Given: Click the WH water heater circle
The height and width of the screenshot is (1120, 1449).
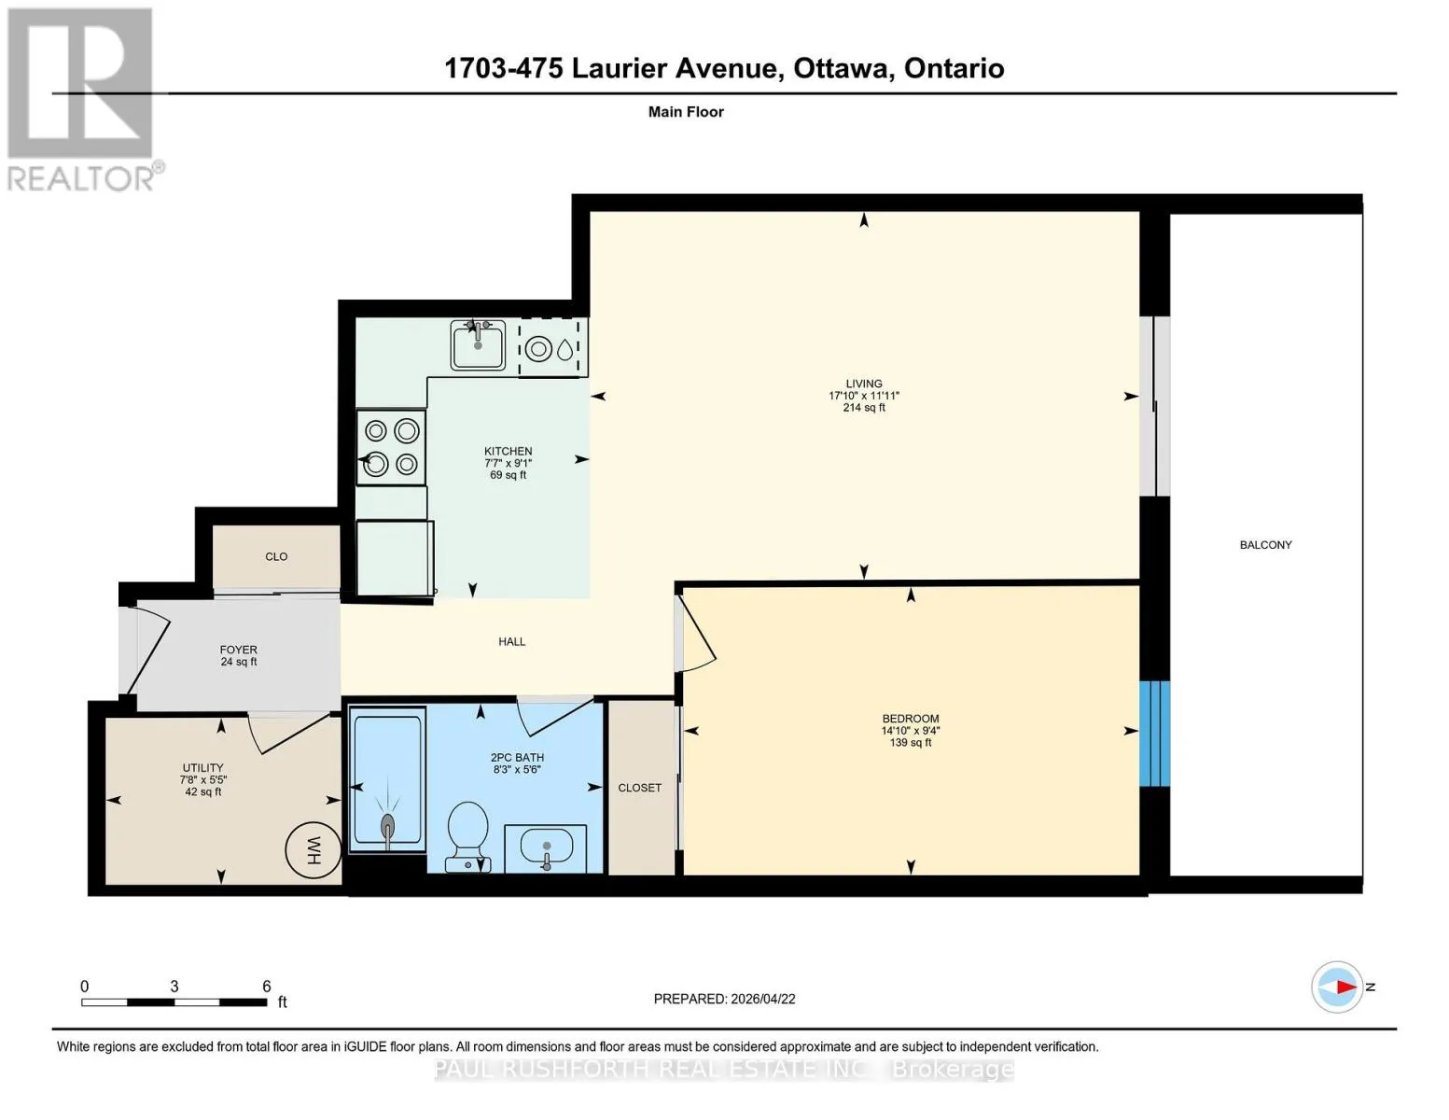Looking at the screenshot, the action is click(x=313, y=850).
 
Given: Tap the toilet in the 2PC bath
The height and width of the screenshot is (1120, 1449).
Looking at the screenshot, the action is click(x=468, y=836).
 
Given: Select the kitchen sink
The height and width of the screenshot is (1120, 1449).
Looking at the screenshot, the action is click(x=478, y=345).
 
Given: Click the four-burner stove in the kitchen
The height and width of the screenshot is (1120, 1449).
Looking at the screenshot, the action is click(x=391, y=447).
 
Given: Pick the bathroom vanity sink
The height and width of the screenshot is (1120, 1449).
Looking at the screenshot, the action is click(x=546, y=847).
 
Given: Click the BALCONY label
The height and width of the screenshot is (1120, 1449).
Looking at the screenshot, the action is click(x=1265, y=545).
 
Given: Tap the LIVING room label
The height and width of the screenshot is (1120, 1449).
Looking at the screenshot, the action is click(x=864, y=384).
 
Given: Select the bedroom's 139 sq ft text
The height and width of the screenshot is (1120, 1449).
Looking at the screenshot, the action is click(x=911, y=742).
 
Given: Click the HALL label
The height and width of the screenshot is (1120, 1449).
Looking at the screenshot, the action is click(x=512, y=642).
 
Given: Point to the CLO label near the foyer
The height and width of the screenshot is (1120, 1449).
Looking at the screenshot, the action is click(x=276, y=557).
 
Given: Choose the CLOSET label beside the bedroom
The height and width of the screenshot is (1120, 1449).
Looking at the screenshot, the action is click(x=639, y=788).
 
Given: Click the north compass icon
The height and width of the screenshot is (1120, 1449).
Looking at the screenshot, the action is click(x=1336, y=987).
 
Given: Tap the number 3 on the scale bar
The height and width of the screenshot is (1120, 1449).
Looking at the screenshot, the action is click(x=174, y=987).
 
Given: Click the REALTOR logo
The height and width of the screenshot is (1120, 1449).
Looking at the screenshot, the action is click(x=83, y=100).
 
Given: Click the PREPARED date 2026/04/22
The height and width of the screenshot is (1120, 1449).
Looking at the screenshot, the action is click(x=763, y=1000).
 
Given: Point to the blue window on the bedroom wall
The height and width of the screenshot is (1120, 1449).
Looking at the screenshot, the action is click(x=1154, y=734).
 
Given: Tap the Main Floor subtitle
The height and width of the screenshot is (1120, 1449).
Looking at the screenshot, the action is click(x=686, y=112).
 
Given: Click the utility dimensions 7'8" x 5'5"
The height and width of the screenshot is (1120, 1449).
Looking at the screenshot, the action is click(x=202, y=779).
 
